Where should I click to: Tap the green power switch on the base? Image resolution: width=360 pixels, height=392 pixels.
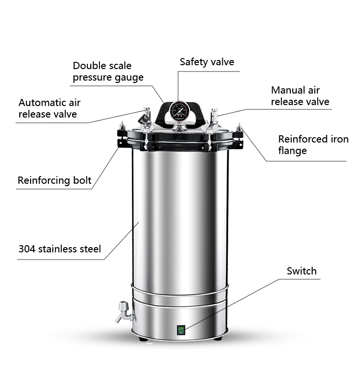[181, 330]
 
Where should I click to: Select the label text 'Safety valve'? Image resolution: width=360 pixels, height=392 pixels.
[207, 62]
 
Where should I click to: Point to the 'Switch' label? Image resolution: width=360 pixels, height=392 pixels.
[301, 271]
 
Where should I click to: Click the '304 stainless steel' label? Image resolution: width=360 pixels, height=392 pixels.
[60, 249]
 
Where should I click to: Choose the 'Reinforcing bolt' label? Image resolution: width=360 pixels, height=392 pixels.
[54, 180]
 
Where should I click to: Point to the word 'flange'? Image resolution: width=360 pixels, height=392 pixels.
[292, 151]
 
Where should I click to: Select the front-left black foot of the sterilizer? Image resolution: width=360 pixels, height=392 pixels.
[143, 338]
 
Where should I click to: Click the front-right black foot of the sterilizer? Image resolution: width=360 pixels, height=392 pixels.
[218, 338]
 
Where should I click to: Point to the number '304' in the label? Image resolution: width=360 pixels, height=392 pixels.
[27, 249]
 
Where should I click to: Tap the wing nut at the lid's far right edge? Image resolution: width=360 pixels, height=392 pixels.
[239, 128]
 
